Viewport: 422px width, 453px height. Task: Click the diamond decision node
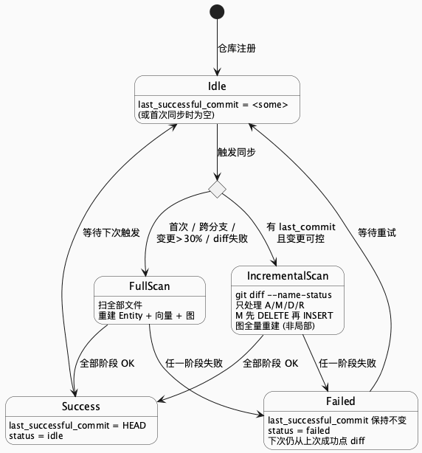coord(216,189)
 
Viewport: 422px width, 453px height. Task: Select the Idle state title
coord(216,86)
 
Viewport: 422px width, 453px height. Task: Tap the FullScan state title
coord(149,286)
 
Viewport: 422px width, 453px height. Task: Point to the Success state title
coord(81,407)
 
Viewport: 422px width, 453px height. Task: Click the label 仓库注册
coord(236,49)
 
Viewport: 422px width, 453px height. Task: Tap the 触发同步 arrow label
coord(236,153)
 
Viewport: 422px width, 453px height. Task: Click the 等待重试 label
coord(377,232)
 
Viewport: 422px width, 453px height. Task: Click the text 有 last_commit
coord(301,226)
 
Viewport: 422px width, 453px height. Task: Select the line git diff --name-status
coord(277,294)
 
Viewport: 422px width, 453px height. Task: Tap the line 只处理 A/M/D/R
coord(266,305)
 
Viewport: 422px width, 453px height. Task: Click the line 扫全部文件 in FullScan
coord(121,305)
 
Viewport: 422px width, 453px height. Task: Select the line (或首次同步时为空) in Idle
coord(185,115)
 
